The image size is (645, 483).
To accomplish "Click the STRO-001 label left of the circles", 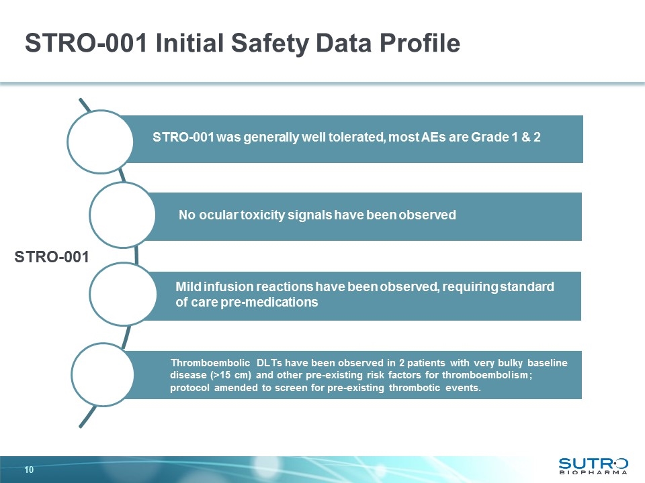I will [x=52, y=257].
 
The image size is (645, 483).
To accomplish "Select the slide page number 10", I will [x=29, y=469].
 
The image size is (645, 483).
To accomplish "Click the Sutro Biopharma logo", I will [x=594, y=465].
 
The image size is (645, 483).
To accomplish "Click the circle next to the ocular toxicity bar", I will [x=120, y=215].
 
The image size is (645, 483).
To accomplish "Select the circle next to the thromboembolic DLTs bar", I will [x=101, y=374].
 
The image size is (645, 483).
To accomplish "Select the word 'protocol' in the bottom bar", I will [x=189, y=388].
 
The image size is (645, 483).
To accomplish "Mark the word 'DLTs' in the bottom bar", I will [x=270, y=363].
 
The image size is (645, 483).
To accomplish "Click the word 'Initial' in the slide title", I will [x=188, y=44].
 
